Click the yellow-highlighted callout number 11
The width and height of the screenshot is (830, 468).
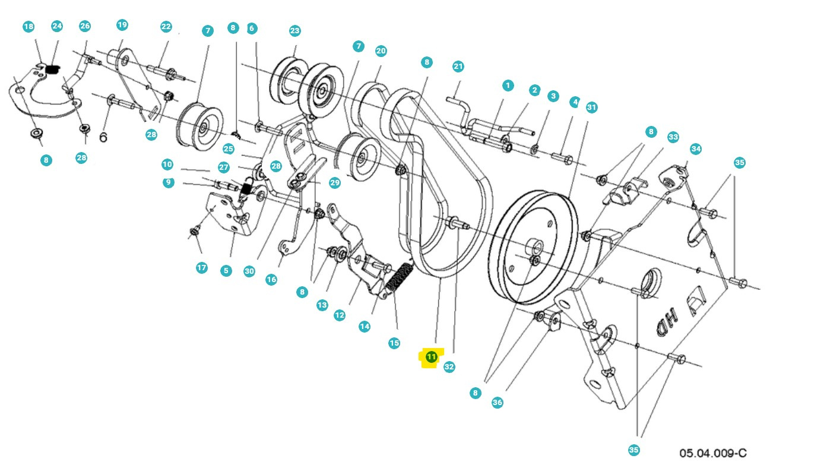[431, 357]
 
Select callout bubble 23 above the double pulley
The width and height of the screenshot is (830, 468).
[295, 31]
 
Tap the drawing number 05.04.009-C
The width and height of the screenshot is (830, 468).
[712, 453]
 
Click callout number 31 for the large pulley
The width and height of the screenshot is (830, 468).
[591, 107]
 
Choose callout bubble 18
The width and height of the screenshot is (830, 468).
[28, 27]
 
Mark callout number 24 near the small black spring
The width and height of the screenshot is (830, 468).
[57, 26]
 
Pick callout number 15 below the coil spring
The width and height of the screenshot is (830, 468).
[394, 343]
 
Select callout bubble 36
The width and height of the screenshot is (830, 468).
[498, 403]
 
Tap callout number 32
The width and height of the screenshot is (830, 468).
[449, 367]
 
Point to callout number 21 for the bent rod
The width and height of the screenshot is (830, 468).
[458, 66]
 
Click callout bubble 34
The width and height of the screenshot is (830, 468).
[696, 148]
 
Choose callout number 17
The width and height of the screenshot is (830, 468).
[202, 268]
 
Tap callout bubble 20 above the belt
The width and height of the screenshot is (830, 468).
[381, 51]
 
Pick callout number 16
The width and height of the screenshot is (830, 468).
[271, 280]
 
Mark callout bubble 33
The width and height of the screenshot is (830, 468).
[673, 137]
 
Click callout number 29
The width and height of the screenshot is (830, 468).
[335, 182]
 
